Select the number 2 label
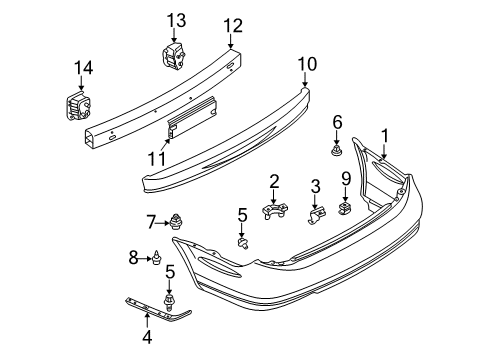tap(273, 180)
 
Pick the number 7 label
tap(152, 220)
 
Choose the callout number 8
tap(135, 258)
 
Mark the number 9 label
tap(346, 178)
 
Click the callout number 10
tap(306, 64)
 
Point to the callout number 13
tap(176, 19)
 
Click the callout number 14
tap(79, 68)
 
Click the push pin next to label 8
tap(157, 260)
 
